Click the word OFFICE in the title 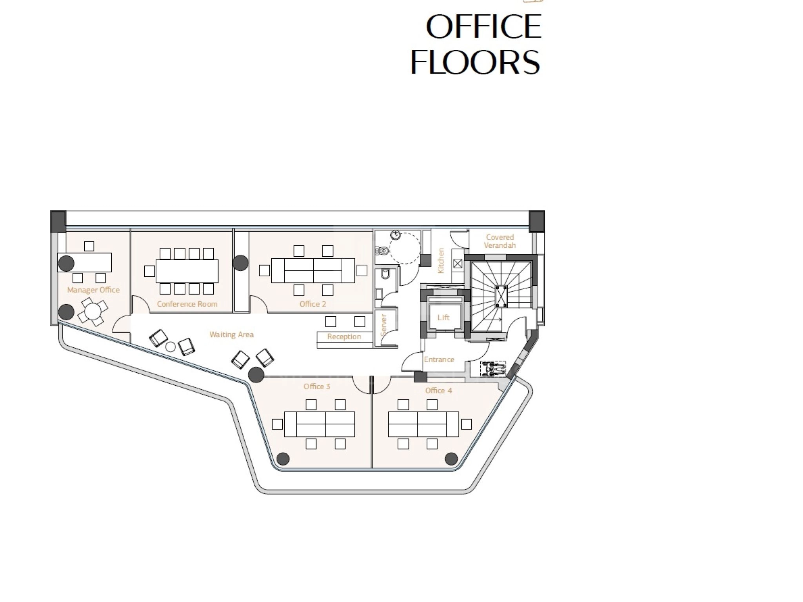tap(483, 27)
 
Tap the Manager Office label tap(93, 290)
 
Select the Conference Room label tap(187, 304)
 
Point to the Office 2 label tap(312, 304)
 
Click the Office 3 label tap(317, 386)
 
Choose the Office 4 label tap(438, 390)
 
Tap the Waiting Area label tap(231, 335)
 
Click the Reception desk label tap(344, 337)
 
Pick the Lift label tap(443, 317)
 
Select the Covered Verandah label tap(500, 241)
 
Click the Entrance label tap(439, 359)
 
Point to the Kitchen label tap(441, 261)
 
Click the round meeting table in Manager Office tap(92, 312)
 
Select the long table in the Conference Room tap(187, 271)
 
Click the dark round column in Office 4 tap(451, 458)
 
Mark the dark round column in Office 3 tap(283, 459)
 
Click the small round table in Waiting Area tap(171, 347)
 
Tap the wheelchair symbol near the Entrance tap(493, 369)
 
